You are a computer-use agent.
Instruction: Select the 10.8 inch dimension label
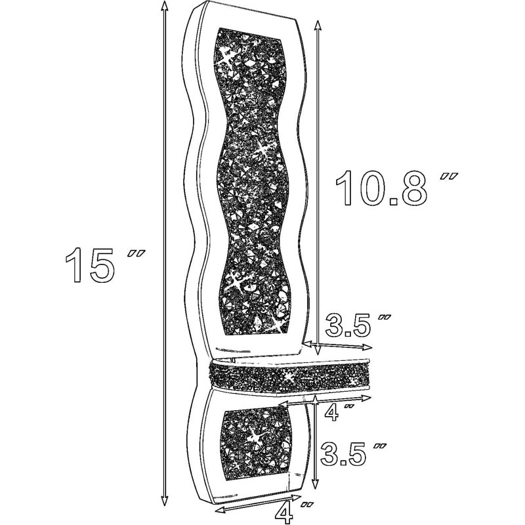click(x=396, y=188)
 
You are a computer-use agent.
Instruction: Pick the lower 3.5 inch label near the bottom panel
click(x=353, y=454)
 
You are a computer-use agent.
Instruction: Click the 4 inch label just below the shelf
click(x=338, y=413)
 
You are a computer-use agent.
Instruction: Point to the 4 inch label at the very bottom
click(x=292, y=512)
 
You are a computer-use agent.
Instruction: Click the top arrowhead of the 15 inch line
click(x=163, y=6)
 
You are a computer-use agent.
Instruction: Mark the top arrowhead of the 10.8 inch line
click(x=317, y=25)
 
